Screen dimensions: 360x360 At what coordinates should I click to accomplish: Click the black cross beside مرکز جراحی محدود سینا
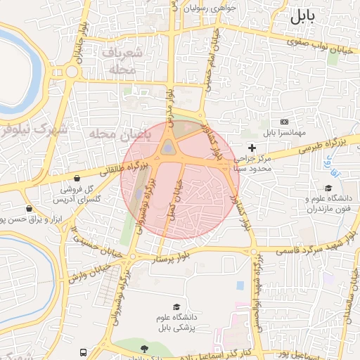pyautogui.click(x=252, y=148)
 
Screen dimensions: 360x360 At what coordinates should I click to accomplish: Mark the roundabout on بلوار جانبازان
pyautogui.click(x=71, y=71)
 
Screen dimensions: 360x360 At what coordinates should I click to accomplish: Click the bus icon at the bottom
pyautogui.click(x=84, y=352)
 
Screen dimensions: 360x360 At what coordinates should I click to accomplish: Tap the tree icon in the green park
pyautogui.click(x=145, y=349)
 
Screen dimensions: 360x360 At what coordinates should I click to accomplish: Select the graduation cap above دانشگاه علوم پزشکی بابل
pyautogui.click(x=177, y=308)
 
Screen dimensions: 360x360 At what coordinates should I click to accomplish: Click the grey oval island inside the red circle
pyautogui.click(x=169, y=147)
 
